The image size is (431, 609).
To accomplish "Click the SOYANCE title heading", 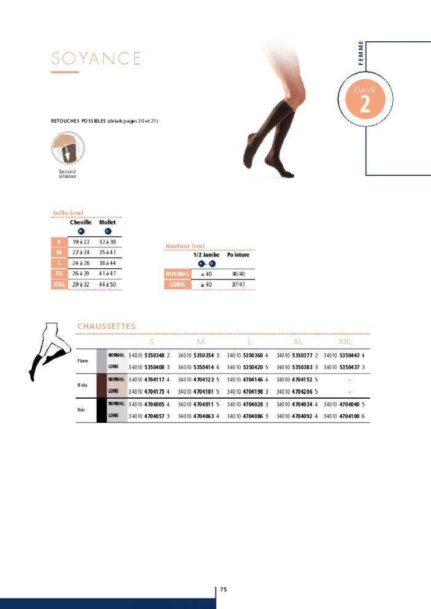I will (96, 58).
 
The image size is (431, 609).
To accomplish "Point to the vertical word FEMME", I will (361, 54).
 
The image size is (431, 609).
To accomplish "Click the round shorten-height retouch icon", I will (68, 148).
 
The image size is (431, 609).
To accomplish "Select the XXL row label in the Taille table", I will (58, 284).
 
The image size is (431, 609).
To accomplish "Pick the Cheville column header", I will (81, 222).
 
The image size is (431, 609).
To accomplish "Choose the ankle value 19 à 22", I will (81, 242).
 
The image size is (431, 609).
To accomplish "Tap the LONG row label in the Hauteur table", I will (177, 284).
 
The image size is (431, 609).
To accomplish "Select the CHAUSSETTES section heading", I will (107, 326).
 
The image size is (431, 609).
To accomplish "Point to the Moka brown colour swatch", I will (102, 385).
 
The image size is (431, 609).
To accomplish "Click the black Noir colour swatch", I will (102, 410).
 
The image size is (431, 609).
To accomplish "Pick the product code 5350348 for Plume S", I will (155, 355).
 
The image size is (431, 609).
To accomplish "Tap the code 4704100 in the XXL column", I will (347, 416).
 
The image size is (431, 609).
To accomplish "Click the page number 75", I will (224, 589).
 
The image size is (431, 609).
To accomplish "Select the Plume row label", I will (83, 361).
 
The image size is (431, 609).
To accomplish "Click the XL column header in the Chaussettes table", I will (298, 341).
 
